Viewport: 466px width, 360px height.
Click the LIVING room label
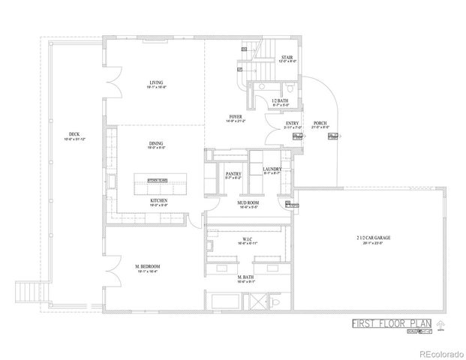pyautogui.click(x=156, y=82)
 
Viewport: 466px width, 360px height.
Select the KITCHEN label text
pyautogui.click(x=158, y=201)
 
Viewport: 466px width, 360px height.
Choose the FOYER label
pyautogui.click(x=236, y=118)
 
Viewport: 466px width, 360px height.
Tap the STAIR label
pyautogui.click(x=287, y=57)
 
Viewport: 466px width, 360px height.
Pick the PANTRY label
pyautogui.click(x=233, y=174)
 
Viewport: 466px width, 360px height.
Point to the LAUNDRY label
pyautogui.click(x=272, y=169)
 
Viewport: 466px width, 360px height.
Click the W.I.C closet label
pyautogui.click(x=247, y=241)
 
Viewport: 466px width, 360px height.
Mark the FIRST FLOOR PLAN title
pyautogui.click(x=390, y=324)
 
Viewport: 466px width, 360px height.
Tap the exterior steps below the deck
pyautogui.click(x=26, y=289)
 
